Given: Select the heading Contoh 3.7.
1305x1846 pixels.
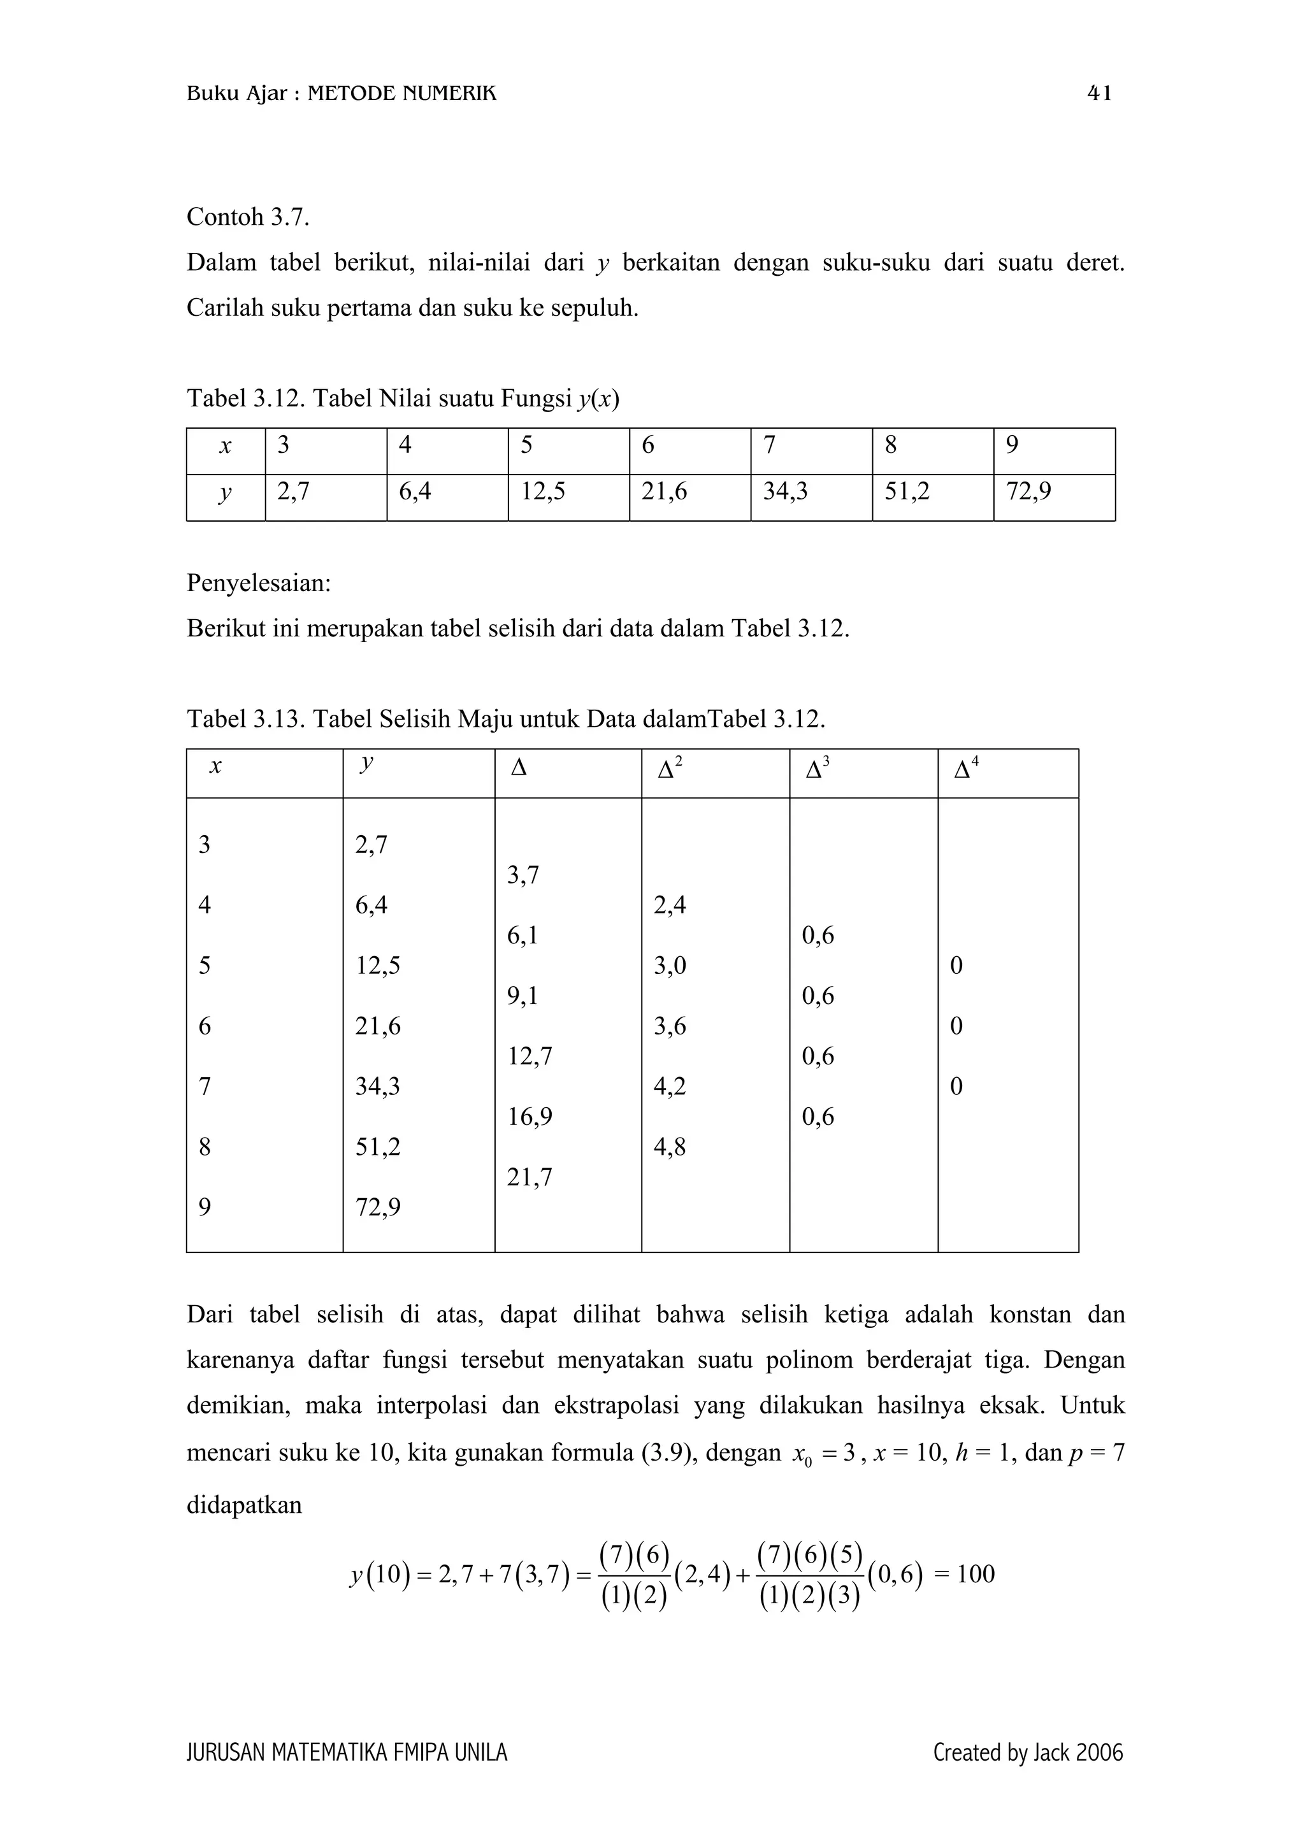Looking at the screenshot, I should [x=248, y=217].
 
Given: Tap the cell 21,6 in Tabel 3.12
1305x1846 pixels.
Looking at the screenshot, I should [x=663, y=490].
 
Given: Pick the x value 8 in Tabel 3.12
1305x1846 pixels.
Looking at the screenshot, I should [x=890, y=445].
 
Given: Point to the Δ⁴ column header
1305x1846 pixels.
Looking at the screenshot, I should [x=965, y=768].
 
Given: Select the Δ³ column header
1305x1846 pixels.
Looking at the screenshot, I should [x=818, y=768].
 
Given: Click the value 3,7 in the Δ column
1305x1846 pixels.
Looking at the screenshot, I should [x=523, y=875].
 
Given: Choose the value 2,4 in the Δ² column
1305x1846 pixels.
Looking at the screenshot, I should [x=670, y=905].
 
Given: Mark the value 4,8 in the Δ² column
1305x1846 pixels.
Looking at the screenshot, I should [x=670, y=1147].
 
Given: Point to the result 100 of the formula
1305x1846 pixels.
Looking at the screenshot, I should [x=976, y=1573].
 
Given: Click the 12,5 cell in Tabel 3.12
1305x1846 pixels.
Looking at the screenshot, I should [x=543, y=490].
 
